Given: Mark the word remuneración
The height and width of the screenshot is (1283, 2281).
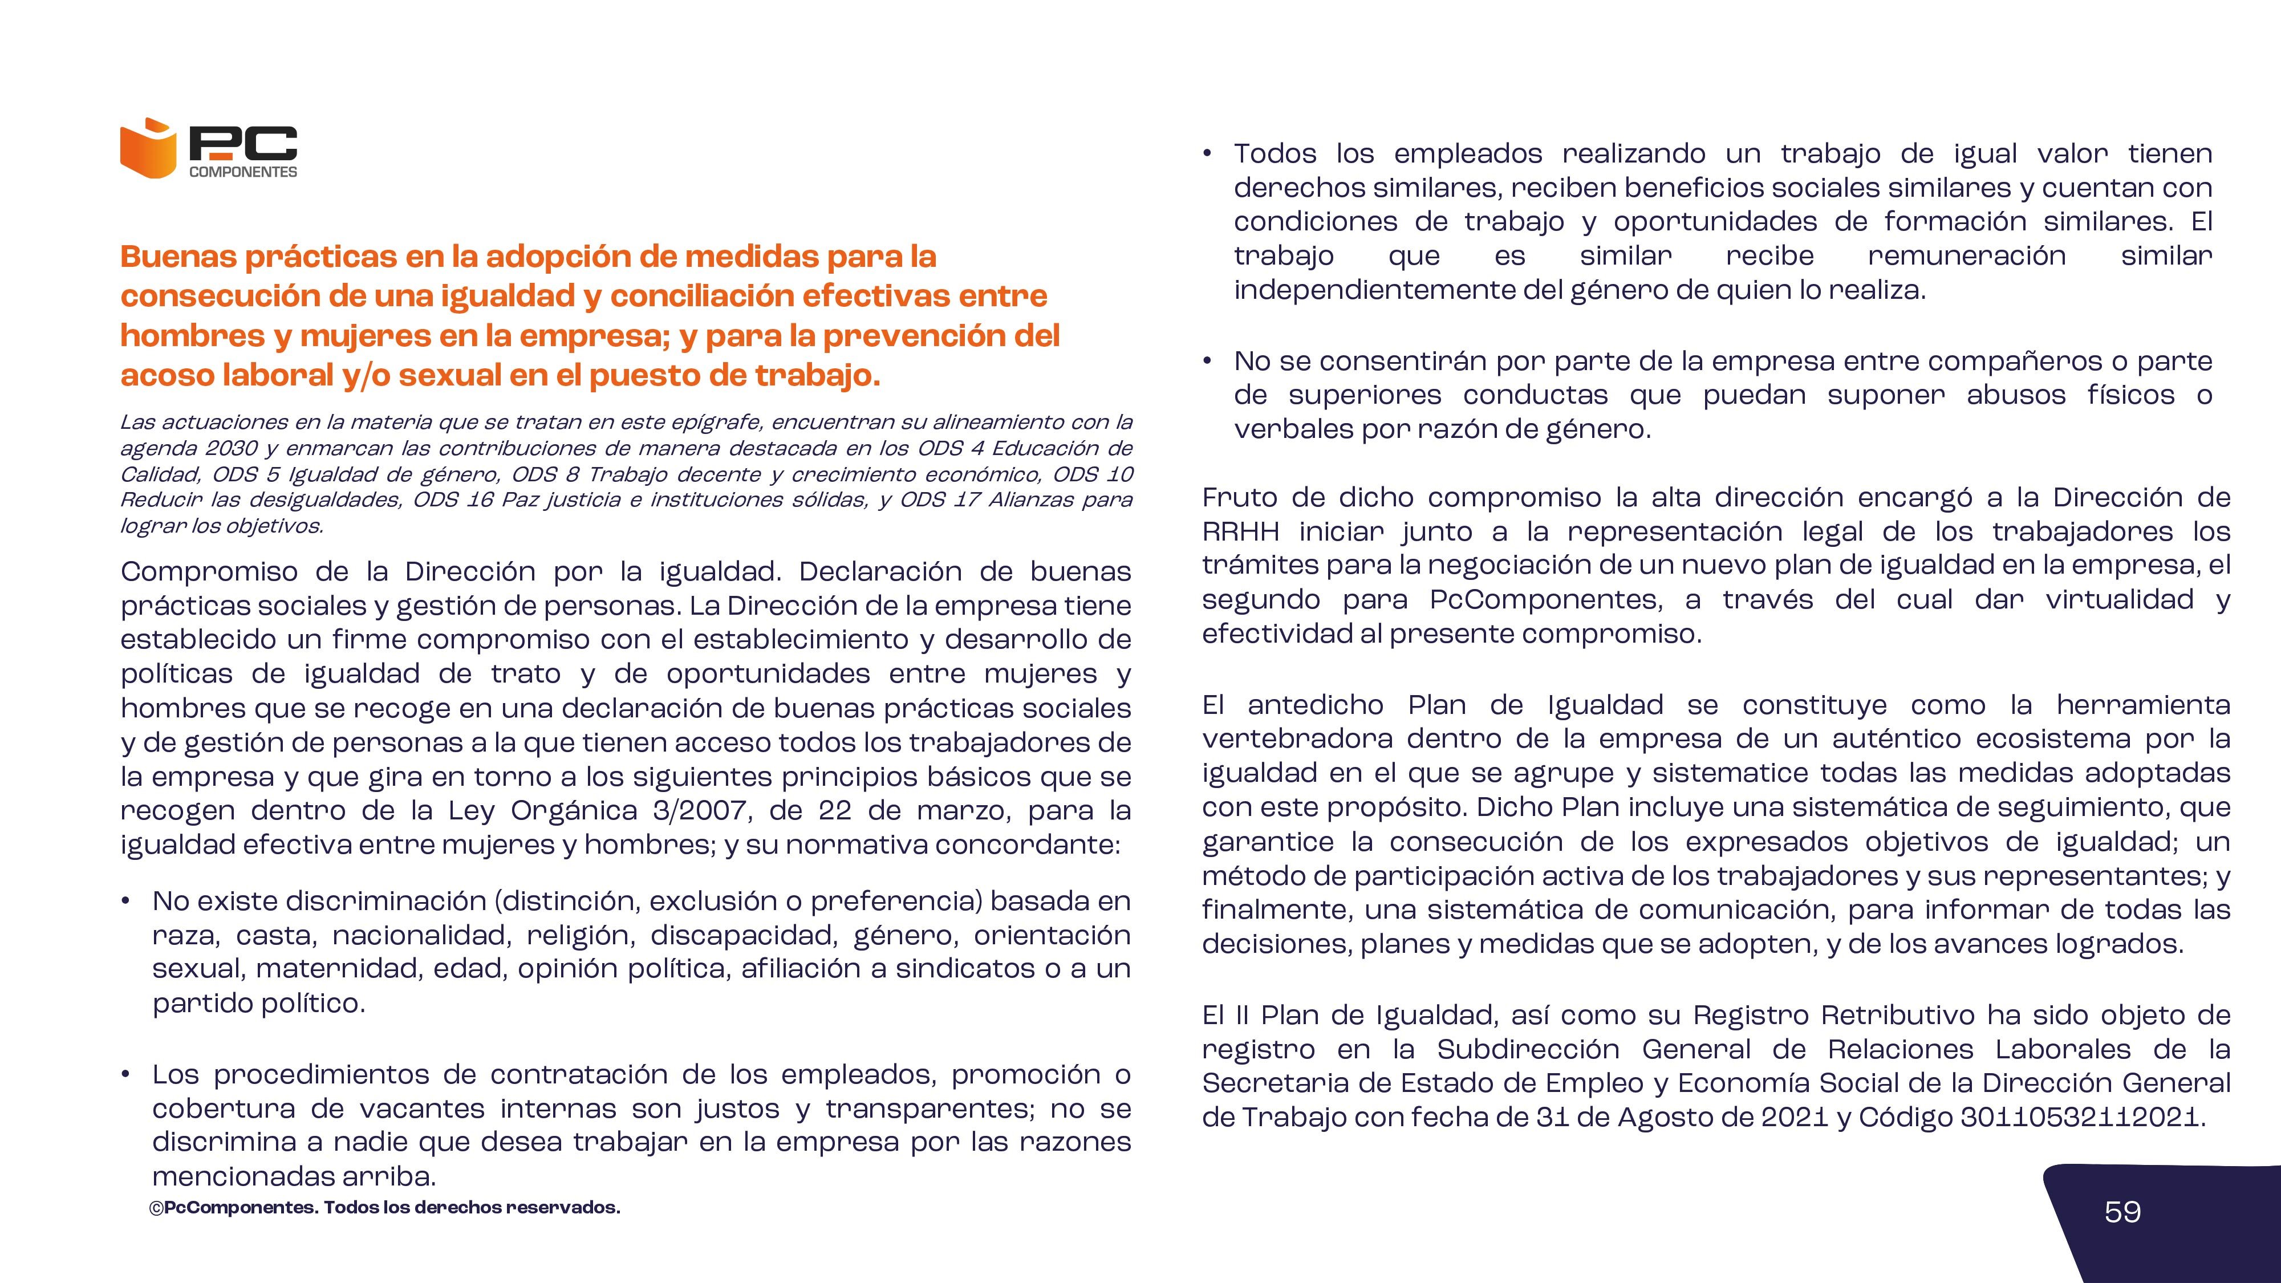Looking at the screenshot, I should (x=1967, y=256).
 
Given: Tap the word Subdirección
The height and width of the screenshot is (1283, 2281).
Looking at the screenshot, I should (x=1528, y=1049).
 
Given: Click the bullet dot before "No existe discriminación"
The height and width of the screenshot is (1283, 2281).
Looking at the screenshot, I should (x=127, y=902).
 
